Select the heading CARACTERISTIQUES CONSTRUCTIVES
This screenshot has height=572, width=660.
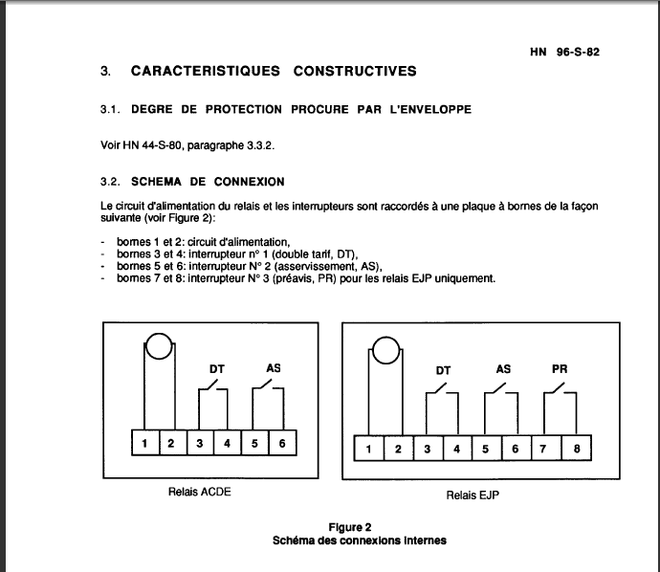273,71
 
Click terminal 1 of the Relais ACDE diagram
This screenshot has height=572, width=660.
143,443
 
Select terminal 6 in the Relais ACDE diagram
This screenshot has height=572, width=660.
281,443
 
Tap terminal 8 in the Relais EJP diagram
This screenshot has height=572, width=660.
576,448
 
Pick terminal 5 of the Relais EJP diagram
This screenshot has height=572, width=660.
487,448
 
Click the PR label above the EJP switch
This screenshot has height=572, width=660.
560,368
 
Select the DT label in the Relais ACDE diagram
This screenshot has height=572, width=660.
216,367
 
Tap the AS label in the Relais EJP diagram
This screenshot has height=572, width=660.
503,368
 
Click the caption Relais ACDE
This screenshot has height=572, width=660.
200,493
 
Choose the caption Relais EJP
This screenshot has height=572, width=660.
473,495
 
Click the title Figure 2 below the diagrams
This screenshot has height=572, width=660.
349,527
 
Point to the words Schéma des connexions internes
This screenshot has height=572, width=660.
359,539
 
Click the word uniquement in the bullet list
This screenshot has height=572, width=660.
466,278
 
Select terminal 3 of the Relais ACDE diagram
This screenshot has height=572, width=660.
199,443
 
